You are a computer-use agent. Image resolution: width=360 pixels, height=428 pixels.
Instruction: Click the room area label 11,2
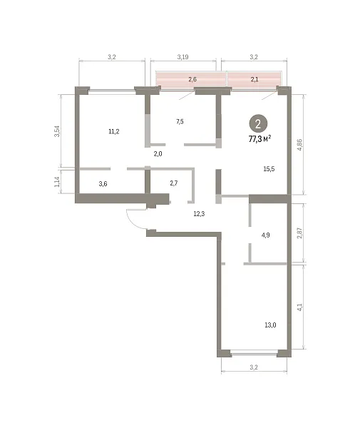[114, 131]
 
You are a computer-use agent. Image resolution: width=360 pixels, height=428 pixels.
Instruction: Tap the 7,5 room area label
[180, 122]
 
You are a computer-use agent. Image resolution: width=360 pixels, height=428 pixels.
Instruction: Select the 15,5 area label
[269, 169]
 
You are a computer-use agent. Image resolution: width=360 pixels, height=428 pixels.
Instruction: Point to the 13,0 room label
[270, 325]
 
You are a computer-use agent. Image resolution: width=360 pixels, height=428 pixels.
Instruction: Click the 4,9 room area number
[266, 235]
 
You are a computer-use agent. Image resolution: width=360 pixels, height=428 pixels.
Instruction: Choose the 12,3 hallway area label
[199, 214]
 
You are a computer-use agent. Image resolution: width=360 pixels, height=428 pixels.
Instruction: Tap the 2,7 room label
[174, 183]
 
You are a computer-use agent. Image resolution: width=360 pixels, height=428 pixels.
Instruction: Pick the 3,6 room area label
[103, 184]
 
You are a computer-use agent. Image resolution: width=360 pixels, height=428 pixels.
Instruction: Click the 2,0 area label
[158, 154]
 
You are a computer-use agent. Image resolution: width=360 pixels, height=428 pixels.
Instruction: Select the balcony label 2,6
[192, 80]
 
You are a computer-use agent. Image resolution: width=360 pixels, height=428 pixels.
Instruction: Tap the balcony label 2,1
[254, 80]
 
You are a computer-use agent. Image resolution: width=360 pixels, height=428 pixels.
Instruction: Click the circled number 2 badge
[258, 124]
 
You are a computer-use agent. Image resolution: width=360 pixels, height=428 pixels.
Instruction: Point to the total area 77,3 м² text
[259, 139]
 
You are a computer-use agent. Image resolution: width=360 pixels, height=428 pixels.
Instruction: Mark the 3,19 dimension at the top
[182, 57]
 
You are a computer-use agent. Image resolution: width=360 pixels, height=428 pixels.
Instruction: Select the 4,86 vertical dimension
[299, 145]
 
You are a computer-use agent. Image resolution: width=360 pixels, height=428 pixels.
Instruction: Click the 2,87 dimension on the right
[299, 233]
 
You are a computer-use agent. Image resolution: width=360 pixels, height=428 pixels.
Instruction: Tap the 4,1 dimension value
[299, 307]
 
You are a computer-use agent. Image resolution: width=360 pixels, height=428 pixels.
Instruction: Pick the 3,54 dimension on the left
[57, 131]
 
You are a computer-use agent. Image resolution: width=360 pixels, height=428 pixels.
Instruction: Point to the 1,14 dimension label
[57, 182]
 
